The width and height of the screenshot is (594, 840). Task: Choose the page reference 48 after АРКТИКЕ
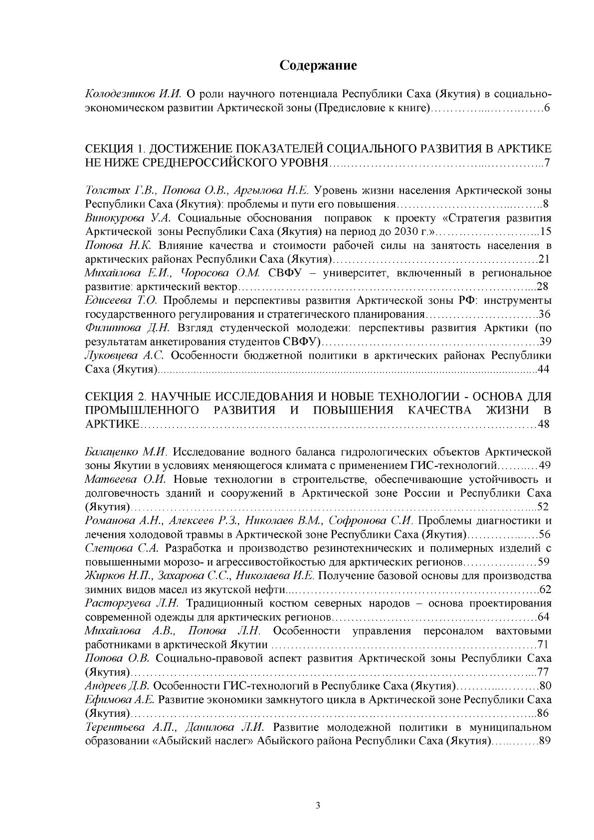click(545, 424)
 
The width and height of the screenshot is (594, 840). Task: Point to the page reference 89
click(545, 740)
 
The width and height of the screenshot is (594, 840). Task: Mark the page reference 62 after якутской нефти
click(545, 590)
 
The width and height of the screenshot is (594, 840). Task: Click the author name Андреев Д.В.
click(118, 685)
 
